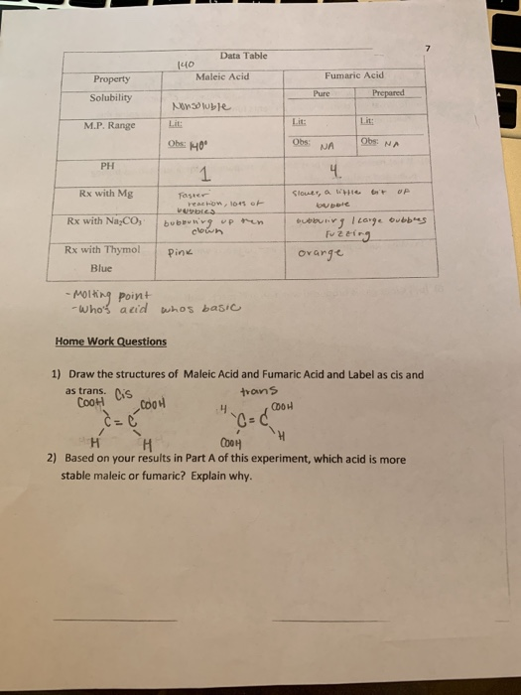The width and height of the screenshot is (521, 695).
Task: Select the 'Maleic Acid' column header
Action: [222, 75]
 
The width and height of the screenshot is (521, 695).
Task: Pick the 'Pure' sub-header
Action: [320, 92]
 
